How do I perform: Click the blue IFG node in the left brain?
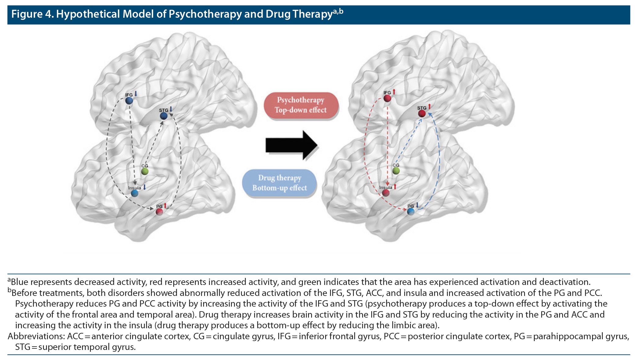(129, 101)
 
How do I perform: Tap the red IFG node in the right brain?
(387, 98)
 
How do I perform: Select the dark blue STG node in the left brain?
(164, 116)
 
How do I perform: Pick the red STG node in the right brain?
(422, 114)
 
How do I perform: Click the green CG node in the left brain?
(145, 171)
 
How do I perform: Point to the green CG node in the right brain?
(396, 171)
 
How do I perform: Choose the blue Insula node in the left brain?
(135, 193)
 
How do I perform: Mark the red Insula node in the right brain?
(386, 193)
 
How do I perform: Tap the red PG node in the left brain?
(159, 211)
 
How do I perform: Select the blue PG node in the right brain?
(411, 211)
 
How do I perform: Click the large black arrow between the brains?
(291, 145)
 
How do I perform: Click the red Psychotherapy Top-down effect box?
(301, 105)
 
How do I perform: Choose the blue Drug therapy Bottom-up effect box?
(279, 183)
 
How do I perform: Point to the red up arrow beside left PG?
(165, 205)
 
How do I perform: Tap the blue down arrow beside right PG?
(417, 205)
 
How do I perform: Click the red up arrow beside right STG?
(429, 106)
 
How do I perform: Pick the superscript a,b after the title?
(338, 12)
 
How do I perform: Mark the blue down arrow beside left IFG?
(136, 93)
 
